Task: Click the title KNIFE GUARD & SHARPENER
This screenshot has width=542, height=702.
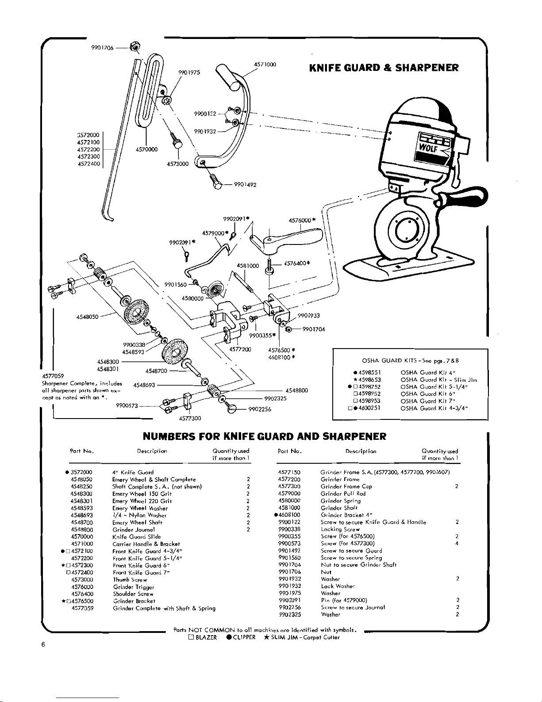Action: point(384,68)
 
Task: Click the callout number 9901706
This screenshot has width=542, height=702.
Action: point(102,48)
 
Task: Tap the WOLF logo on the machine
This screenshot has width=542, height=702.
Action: point(428,148)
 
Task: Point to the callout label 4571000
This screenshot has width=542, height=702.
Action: point(265,64)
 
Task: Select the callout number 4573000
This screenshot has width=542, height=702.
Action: point(178,164)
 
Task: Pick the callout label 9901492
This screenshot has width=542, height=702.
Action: point(245,185)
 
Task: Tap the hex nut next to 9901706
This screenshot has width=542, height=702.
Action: point(134,47)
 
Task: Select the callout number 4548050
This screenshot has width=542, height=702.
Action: point(87,317)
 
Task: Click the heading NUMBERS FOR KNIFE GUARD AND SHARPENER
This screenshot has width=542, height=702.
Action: point(264,436)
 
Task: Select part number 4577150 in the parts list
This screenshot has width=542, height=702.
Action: point(289,472)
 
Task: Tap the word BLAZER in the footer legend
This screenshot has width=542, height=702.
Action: point(206,637)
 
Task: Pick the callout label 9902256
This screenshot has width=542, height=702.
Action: point(260,409)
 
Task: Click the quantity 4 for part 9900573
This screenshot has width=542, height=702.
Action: point(457,543)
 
